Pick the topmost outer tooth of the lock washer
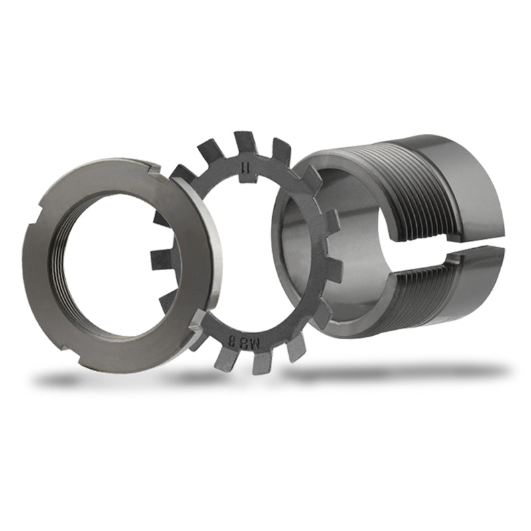coord(245,141)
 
